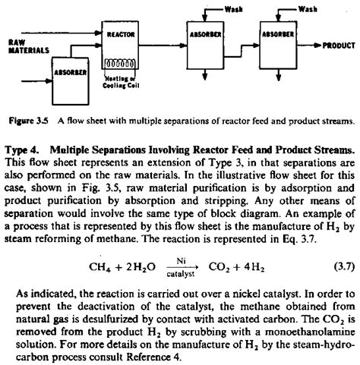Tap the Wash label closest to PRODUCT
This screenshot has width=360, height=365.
click(x=307, y=8)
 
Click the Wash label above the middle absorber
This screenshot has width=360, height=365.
click(x=234, y=8)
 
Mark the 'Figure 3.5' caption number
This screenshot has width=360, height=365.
click(x=30, y=120)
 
